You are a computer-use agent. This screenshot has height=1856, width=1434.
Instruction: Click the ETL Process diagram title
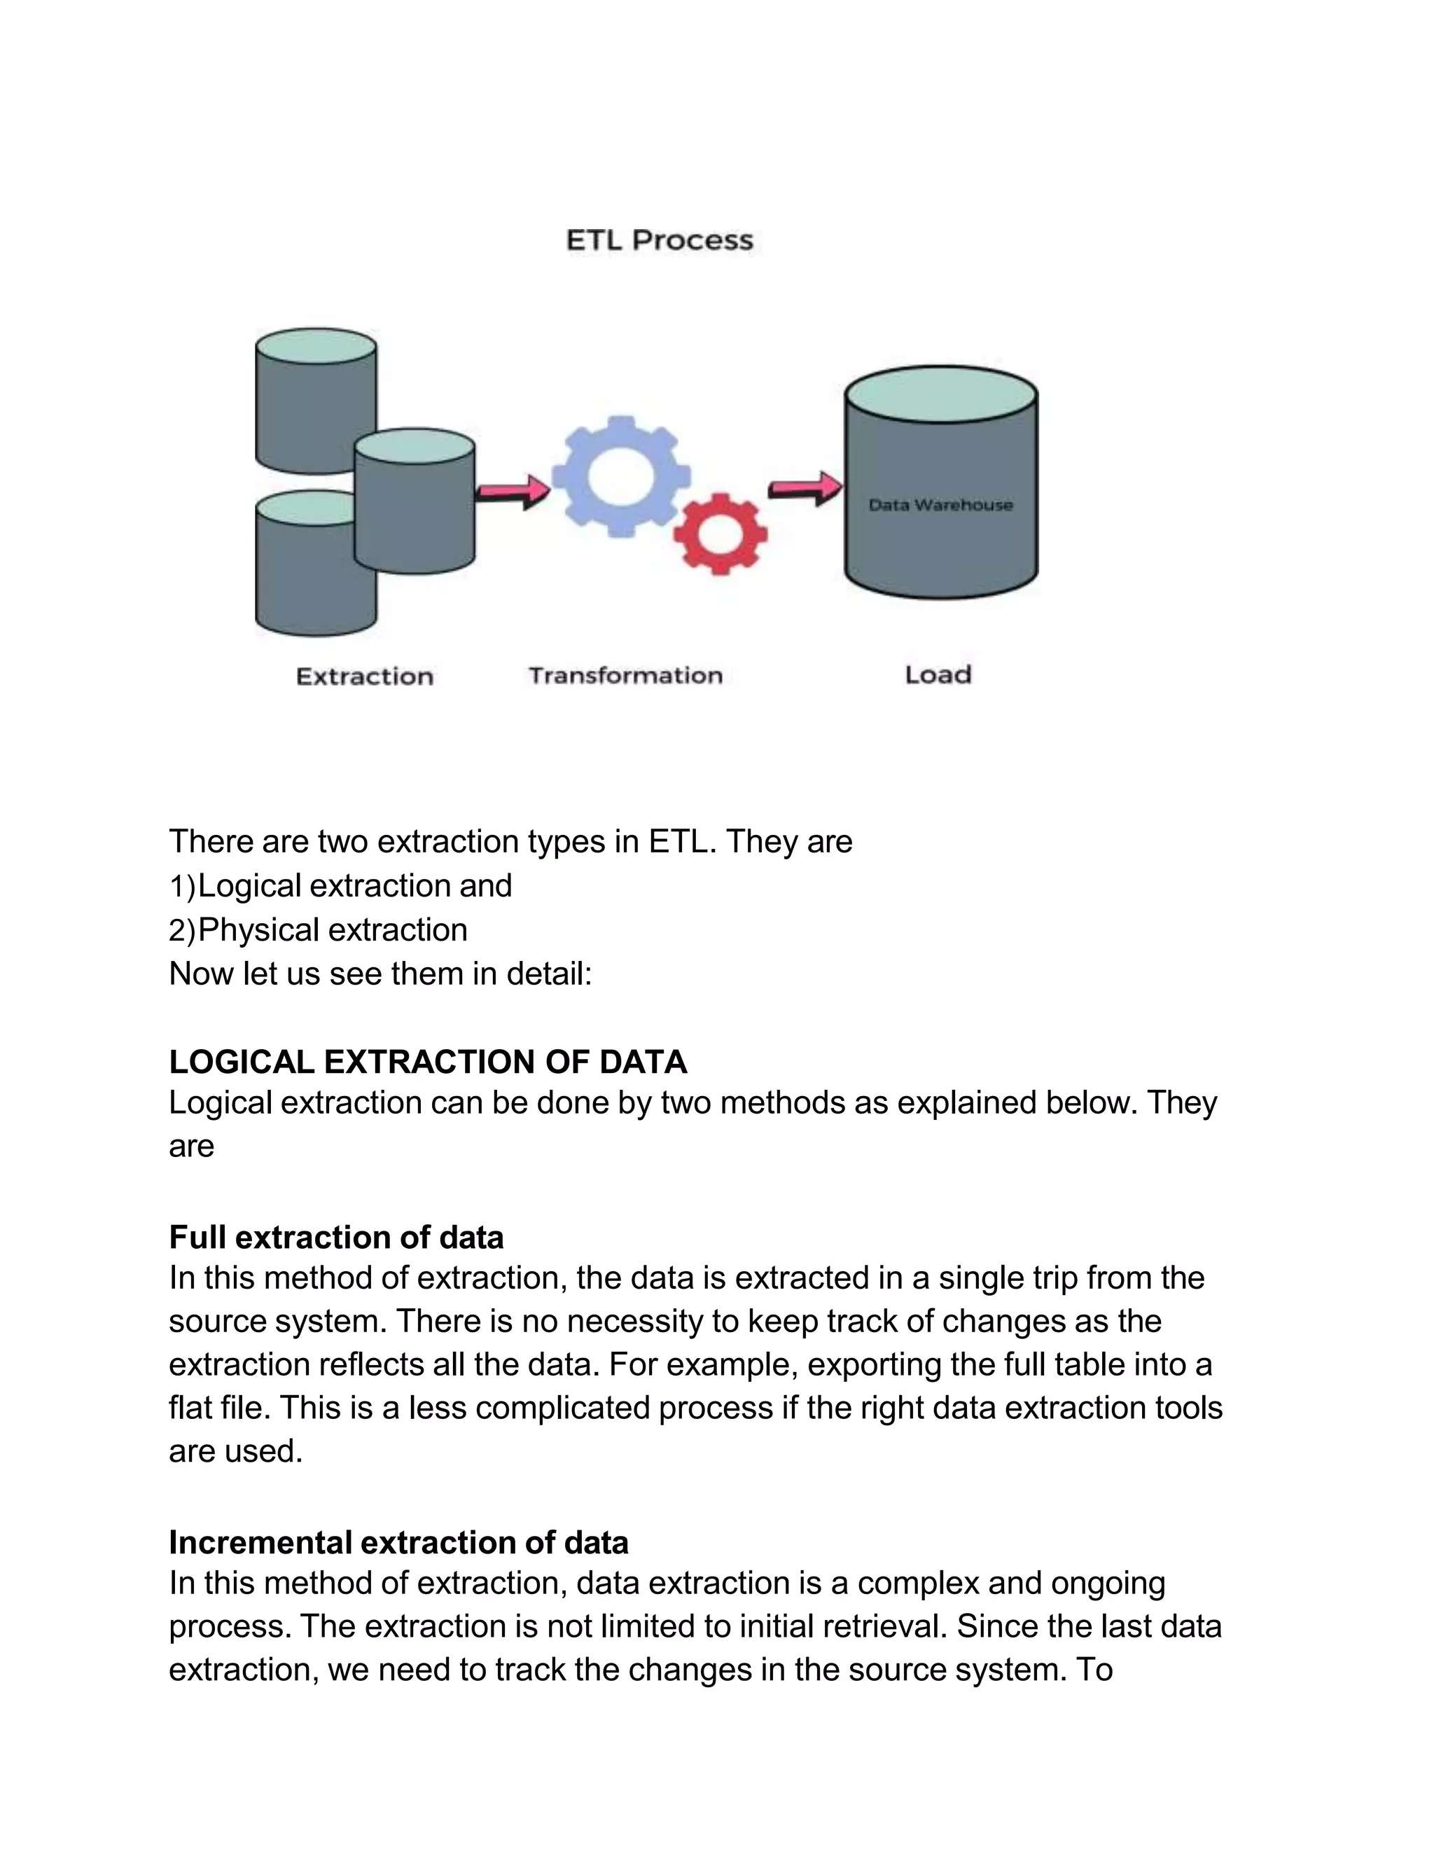[x=659, y=240]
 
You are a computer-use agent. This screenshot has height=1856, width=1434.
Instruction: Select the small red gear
[x=721, y=534]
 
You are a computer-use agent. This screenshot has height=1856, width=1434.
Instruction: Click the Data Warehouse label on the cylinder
[x=940, y=505]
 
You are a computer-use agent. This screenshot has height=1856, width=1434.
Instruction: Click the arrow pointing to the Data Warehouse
[x=805, y=489]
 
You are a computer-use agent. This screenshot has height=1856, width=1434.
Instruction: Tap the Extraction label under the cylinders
[x=364, y=677]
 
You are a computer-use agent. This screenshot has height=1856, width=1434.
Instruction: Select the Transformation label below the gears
[x=625, y=676]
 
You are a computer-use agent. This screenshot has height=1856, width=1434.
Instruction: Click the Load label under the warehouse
[x=938, y=674]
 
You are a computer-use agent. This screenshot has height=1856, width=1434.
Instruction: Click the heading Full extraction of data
[x=335, y=1238]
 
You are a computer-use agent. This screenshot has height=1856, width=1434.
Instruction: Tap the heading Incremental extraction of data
[x=398, y=1542]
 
